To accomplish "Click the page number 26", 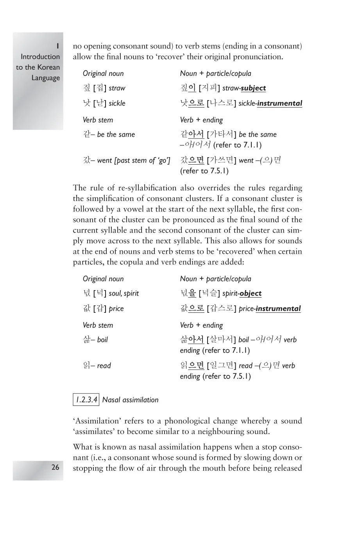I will point(55,467).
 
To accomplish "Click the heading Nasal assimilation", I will point(130,400).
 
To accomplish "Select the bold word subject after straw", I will point(253,88).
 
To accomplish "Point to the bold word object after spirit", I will point(251,294).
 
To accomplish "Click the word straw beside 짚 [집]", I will point(117,88).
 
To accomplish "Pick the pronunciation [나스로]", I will point(221,104).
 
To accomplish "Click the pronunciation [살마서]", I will point(221,340).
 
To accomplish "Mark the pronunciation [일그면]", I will point(221,366).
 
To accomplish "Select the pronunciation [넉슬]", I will point(210,294).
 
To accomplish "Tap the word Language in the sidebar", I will point(46,78).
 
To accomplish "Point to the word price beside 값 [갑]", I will point(116,309).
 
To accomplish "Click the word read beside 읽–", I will point(104,366).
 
